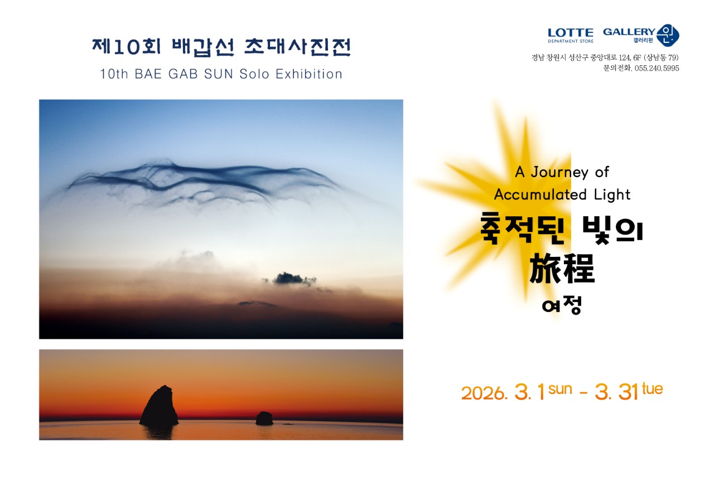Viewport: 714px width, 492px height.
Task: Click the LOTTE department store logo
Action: click(571, 35)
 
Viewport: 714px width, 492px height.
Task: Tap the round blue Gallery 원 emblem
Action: click(668, 35)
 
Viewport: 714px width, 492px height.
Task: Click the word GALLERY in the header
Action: click(629, 32)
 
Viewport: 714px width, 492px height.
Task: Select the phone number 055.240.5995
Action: click(657, 68)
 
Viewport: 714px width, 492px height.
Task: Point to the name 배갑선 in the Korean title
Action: click(204, 47)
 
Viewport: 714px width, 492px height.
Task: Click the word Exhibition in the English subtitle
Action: click(309, 74)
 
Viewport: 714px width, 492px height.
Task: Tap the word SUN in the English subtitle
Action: click(218, 74)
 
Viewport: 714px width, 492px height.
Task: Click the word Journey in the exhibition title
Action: click(559, 172)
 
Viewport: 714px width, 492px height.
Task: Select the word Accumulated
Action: click(541, 194)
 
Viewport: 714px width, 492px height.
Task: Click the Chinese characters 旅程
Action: click(562, 269)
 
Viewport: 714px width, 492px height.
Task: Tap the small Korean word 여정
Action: click(562, 305)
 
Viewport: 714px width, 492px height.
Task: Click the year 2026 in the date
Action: click(483, 393)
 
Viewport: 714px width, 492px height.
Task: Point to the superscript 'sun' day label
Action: click(560, 389)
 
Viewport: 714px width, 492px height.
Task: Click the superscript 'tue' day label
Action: click(653, 388)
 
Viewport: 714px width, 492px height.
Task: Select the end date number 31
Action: click(628, 392)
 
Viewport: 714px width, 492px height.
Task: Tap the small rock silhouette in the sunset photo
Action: click(264, 418)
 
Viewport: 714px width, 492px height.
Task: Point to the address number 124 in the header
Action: click(624, 57)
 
